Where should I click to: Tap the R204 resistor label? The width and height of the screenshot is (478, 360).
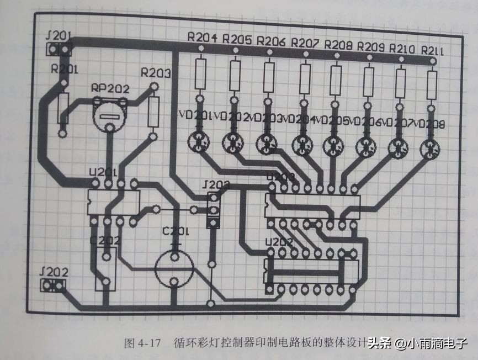202,38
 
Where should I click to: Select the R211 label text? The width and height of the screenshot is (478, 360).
433,50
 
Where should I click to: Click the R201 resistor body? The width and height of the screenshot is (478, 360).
63,108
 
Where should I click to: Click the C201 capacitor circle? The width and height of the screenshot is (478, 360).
174,268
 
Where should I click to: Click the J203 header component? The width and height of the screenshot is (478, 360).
212,210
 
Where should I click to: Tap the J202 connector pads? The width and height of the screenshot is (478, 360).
52,285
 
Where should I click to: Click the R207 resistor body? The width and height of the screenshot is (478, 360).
305,79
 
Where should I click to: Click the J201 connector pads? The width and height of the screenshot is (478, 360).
59,50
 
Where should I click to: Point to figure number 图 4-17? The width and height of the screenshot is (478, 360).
142,343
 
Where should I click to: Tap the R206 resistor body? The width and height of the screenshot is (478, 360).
269,77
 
